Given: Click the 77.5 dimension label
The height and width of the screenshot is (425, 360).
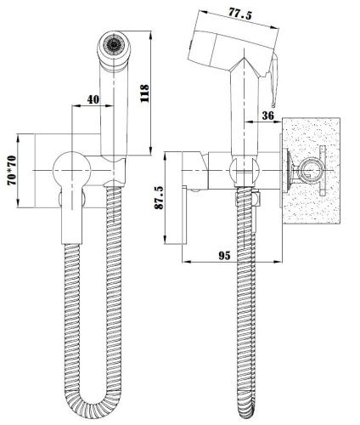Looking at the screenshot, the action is (x=239, y=14).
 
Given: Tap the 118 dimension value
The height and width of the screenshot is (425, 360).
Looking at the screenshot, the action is (x=144, y=93).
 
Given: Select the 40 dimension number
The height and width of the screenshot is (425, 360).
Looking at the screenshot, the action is (x=93, y=99).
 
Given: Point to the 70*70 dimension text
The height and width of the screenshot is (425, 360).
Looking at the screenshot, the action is (x=12, y=171).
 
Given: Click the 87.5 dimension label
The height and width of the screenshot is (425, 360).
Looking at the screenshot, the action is (x=159, y=197).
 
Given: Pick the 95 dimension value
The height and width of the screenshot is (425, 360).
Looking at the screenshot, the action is (x=224, y=256).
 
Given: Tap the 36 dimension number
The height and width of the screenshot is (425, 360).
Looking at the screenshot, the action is (x=267, y=116).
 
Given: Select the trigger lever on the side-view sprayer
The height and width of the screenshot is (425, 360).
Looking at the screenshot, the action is (x=274, y=81).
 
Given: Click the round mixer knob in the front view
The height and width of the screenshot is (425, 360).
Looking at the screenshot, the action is (x=72, y=170).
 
